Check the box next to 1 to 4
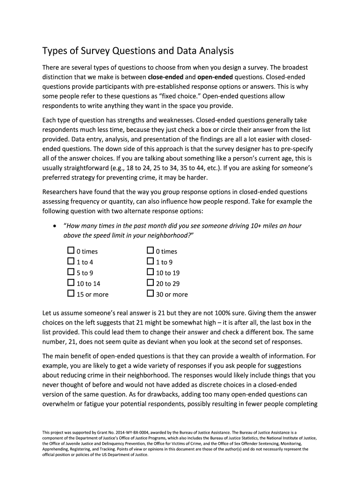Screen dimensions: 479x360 pyautogui.click(x=71, y=261)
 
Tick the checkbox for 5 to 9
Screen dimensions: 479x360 pyautogui.click(x=71, y=272)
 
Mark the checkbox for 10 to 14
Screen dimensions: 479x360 pyautogui.click(x=71, y=283)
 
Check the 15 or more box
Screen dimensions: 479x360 pyautogui.click(x=71, y=294)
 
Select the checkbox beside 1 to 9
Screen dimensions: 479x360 pyautogui.click(x=150, y=261)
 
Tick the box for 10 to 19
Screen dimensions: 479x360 pyautogui.click(x=150, y=272)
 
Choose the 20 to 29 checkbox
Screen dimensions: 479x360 pyautogui.click(x=150, y=283)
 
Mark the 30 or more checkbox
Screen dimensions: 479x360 pyautogui.click(x=150, y=294)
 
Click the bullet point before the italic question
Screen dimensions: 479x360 pyautogui.click(x=56, y=226)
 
